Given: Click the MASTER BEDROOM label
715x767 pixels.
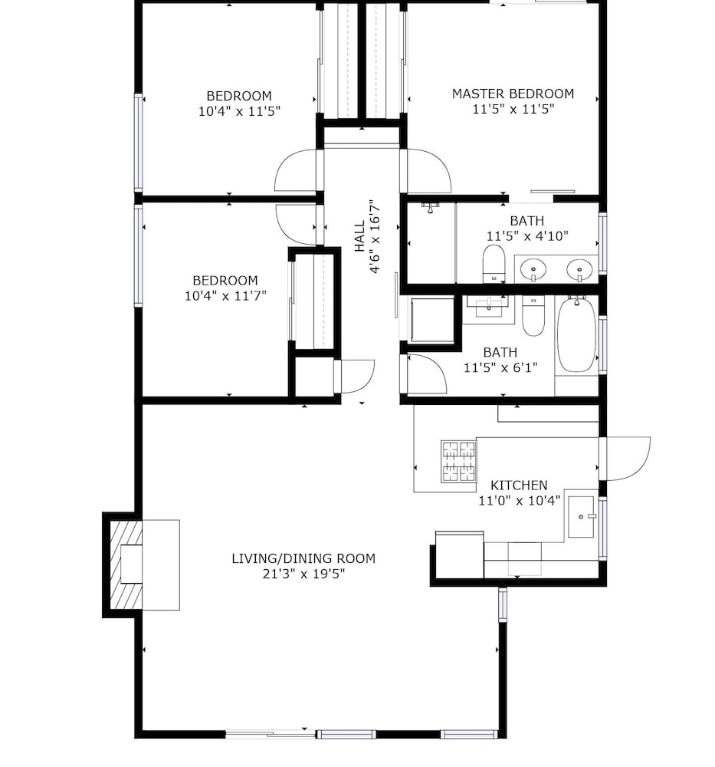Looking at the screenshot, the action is tap(513, 94).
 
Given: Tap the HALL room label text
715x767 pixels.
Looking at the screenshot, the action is tap(359, 236).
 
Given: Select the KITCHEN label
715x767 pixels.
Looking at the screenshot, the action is tap(519, 486).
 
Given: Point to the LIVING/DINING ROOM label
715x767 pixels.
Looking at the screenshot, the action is tap(303, 558).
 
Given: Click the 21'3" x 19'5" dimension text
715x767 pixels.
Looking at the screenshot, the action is tap(303, 573).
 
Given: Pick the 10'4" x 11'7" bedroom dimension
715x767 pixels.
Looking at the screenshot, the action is tap(225, 295).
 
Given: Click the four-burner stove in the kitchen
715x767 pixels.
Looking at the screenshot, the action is tap(459, 461).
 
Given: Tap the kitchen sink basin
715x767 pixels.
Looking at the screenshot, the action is tap(581, 517).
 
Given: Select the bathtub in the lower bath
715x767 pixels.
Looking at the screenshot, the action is tap(577, 335).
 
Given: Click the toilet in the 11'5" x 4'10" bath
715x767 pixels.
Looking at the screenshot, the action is tap(494, 264).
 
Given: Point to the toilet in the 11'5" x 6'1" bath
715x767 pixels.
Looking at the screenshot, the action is tap(533, 316).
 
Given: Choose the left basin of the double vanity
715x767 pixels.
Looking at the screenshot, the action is tap(533, 269).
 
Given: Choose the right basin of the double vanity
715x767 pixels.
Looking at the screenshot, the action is tap(579, 269).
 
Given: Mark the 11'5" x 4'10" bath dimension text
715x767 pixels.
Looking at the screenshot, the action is tap(527, 236).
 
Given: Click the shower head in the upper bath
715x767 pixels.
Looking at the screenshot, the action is tap(430, 207).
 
